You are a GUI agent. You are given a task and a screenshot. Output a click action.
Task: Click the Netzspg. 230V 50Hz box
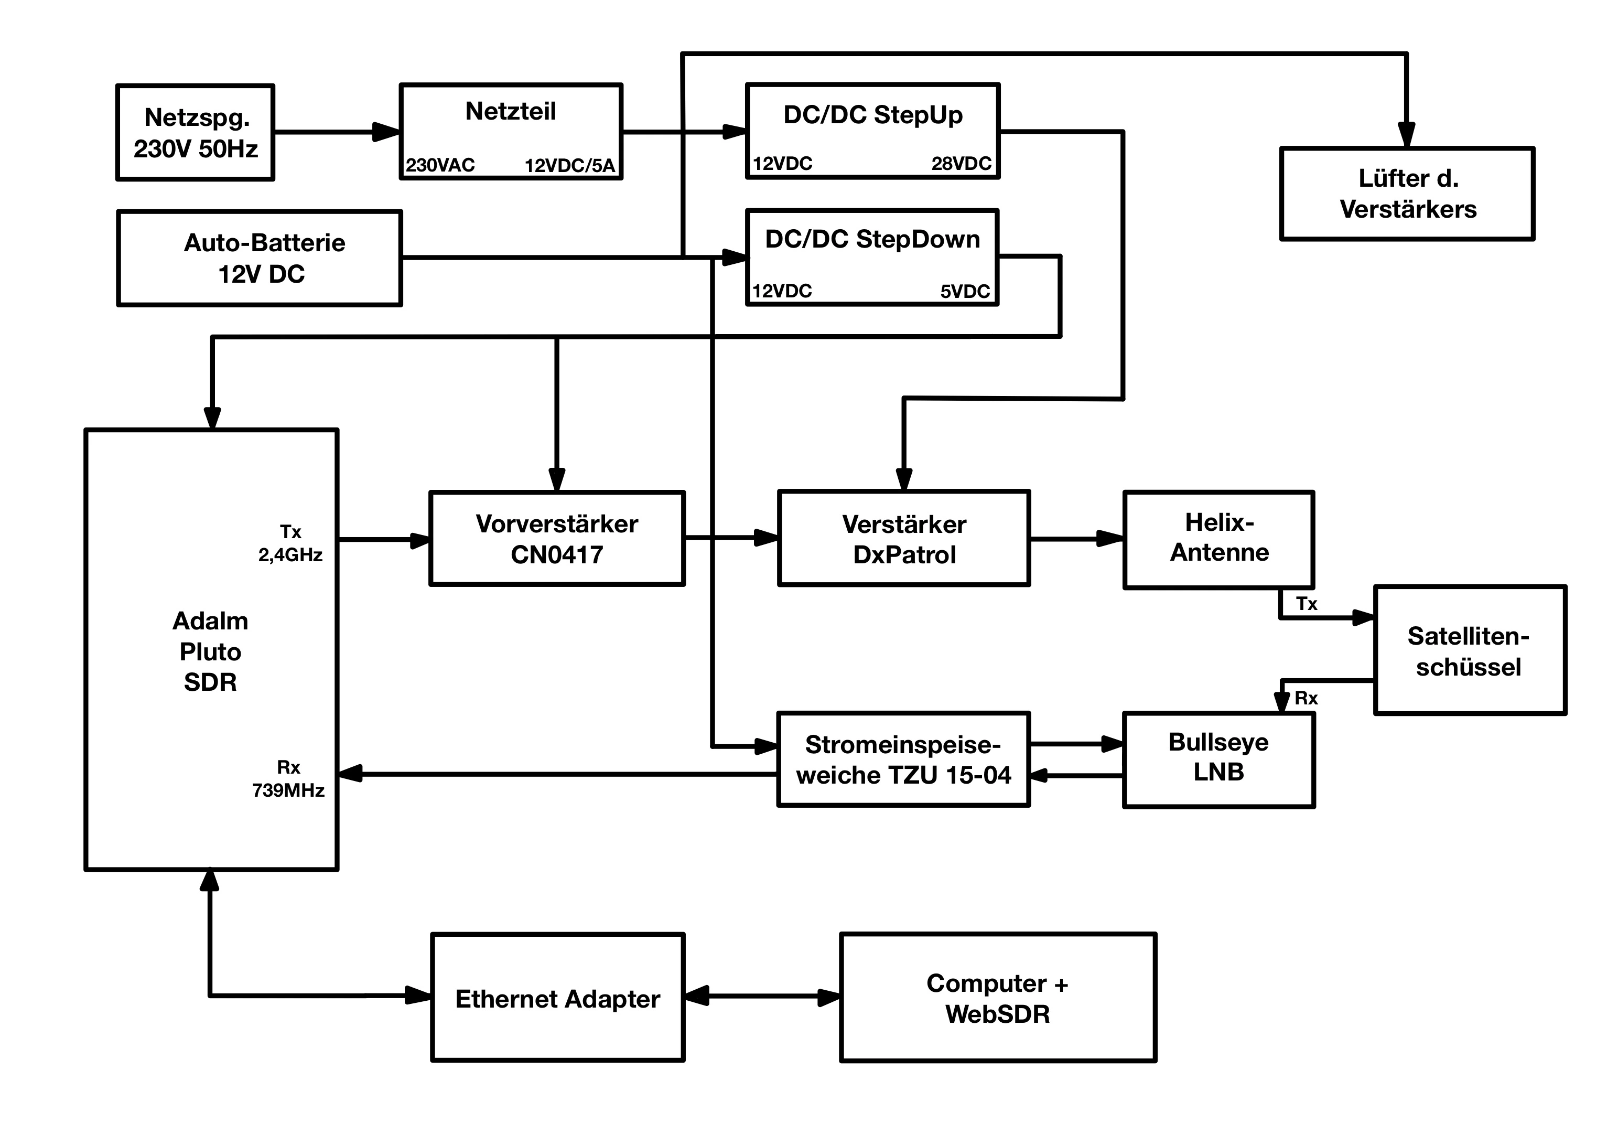click(195, 133)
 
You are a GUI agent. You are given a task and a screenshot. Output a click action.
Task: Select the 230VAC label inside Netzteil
click(440, 165)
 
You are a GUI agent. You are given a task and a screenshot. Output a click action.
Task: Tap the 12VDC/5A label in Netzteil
click(569, 166)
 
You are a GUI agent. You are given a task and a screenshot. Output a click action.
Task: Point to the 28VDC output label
click(961, 164)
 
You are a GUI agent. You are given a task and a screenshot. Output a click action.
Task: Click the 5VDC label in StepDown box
click(965, 291)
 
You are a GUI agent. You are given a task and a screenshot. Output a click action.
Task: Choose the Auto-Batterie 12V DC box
click(260, 258)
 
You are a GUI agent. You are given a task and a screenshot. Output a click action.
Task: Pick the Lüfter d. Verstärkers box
click(1407, 194)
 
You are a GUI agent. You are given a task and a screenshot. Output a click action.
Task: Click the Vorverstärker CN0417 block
click(557, 539)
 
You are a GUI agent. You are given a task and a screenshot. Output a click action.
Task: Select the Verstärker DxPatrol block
click(904, 539)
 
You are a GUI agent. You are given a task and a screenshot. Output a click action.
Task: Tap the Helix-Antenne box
click(1218, 539)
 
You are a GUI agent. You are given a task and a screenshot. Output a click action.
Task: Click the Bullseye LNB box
click(1218, 759)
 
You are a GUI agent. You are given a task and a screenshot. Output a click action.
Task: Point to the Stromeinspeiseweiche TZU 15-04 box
click(903, 759)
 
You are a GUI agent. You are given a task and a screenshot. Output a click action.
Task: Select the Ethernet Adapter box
click(557, 998)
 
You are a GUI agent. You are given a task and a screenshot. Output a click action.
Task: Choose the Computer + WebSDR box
click(998, 998)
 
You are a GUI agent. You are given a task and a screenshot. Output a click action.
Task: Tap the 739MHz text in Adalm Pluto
click(288, 790)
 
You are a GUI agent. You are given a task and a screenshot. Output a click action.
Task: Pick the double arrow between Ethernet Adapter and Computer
click(762, 996)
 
